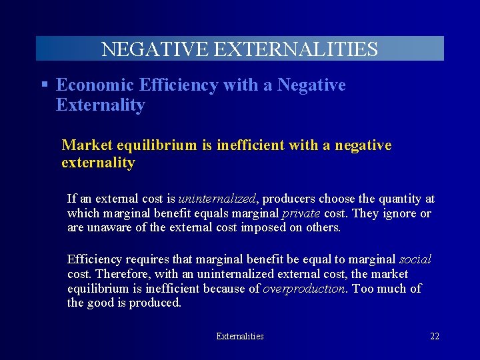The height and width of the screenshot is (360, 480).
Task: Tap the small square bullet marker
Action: (44, 85)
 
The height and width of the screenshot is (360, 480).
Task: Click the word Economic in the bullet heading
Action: (95, 85)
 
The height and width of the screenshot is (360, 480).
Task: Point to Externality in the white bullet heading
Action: (101, 105)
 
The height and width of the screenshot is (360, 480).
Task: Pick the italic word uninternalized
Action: (217, 199)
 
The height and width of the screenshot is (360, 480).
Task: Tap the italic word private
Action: (301, 213)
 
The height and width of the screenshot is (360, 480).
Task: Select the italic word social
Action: (415, 259)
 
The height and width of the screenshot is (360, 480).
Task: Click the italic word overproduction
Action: (305, 289)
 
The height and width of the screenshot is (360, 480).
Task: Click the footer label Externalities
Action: (240, 337)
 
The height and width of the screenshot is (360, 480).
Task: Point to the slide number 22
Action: (435, 337)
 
